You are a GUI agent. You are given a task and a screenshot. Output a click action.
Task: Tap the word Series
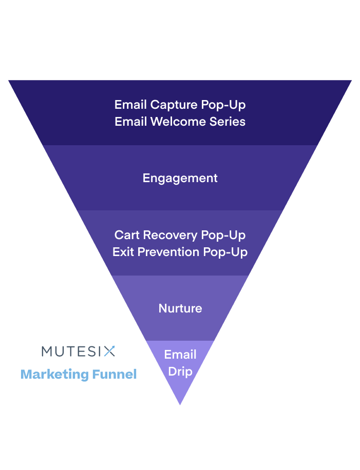tap(228, 122)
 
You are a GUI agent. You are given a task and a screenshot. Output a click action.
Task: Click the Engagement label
tap(180, 178)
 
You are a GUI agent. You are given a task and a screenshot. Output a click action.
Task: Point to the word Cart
tap(127, 235)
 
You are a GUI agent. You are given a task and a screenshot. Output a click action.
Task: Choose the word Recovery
tap(170, 236)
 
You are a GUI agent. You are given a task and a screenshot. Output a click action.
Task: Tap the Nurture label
tap(180, 308)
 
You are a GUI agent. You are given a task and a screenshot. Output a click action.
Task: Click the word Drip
tap(180, 371)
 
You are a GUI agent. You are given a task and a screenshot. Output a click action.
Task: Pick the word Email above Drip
tap(180, 355)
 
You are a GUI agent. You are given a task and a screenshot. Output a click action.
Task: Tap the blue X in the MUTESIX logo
tap(109, 351)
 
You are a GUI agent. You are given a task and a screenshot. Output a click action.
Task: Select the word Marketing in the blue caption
tap(54, 375)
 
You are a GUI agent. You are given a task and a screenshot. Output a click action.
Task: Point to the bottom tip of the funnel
tap(180, 404)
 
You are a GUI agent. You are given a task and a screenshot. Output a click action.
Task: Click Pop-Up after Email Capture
tap(223, 105)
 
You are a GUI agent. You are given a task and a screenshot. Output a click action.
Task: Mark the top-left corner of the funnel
tap(9, 81)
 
